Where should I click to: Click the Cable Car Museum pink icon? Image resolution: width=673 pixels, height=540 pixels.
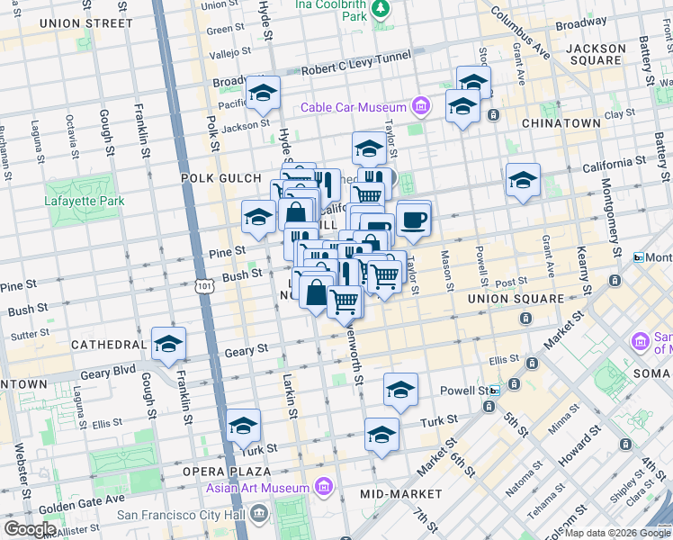coord(419,108)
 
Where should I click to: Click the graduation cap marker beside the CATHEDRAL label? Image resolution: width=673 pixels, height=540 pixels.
coord(168,344)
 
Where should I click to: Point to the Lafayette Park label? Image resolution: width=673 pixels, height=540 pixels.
coord(85,201)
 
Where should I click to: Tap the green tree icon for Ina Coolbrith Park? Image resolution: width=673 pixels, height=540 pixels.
coord(381,8)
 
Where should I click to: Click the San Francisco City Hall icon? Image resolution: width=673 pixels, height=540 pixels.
coord(260,515)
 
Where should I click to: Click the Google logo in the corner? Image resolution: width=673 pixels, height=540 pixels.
coord(30,529)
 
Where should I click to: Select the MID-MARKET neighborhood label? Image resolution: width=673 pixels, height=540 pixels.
coord(400,494)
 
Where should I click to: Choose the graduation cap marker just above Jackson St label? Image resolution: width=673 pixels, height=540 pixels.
coord(264,92)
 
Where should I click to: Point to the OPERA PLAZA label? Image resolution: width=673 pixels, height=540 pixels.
coord(226,472)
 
